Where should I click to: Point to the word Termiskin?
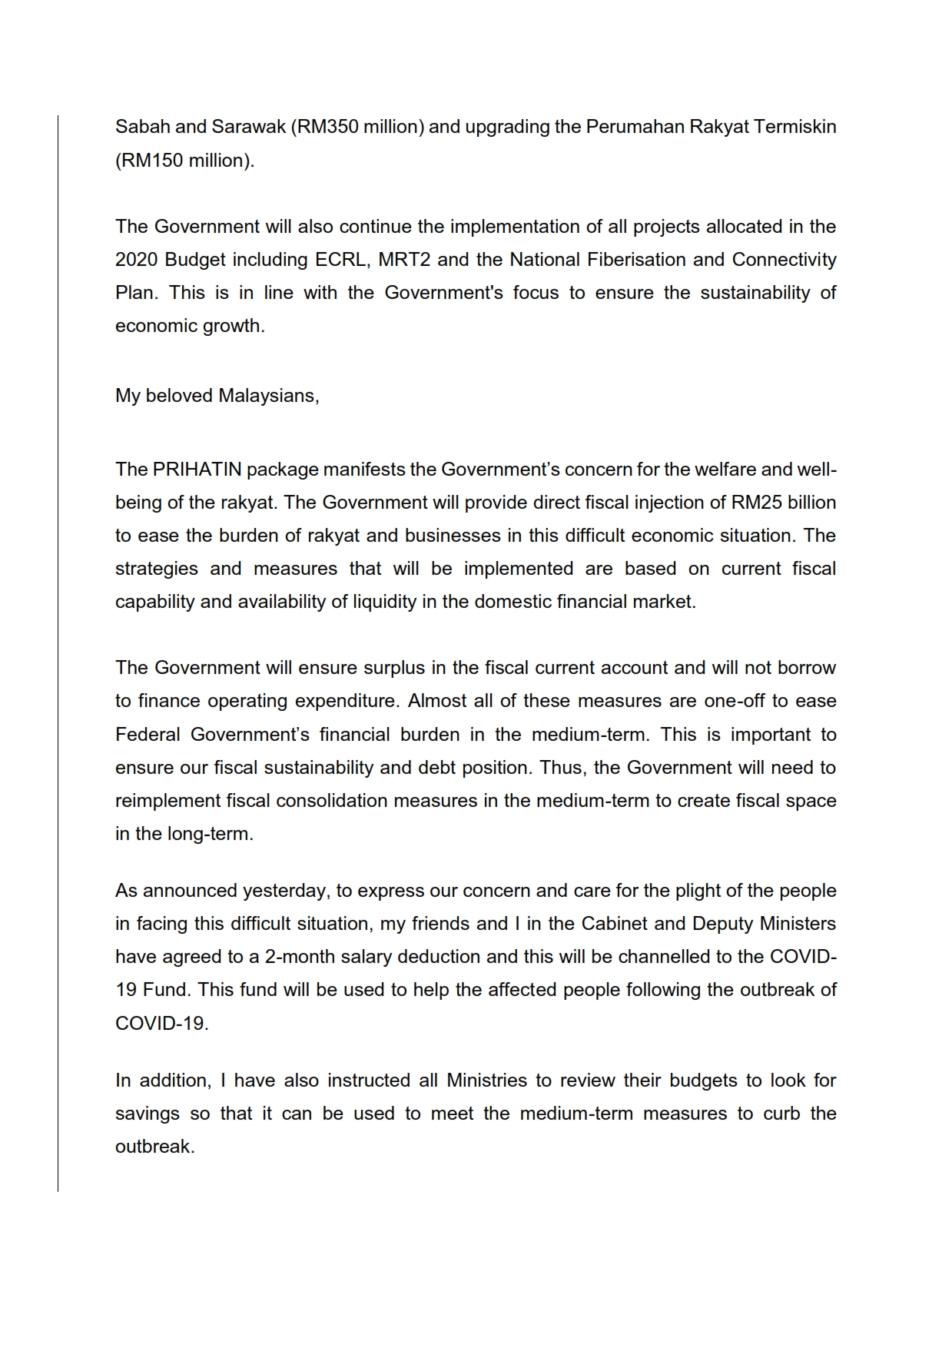(794, 127)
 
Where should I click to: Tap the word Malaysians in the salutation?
(268, 396)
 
